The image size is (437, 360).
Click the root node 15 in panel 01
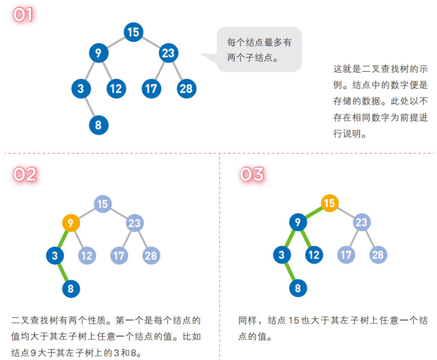(133, 33)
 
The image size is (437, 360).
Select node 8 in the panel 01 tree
(99, 124)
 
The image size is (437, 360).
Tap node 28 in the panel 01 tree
(186, 89)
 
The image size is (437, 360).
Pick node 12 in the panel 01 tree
(116, 89)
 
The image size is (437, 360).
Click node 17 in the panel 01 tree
(151, 89)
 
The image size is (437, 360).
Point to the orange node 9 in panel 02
(71, 222)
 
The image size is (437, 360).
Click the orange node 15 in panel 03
(329, 203)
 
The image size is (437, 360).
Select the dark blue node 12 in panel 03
(313, 254)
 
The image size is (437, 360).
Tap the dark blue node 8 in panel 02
(71, 289)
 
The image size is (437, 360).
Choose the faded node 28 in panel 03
(378, 254)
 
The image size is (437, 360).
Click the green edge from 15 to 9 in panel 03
(314, 212)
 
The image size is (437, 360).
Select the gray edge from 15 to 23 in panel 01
(150, 42)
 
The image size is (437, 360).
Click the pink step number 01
(23, 15)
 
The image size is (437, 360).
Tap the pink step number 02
(24, 174)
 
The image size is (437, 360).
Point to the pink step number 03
(252, 174)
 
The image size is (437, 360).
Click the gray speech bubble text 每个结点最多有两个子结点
(259, 50)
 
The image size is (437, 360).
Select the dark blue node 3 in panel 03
(281, 254)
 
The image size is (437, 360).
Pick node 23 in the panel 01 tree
(168, 53)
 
